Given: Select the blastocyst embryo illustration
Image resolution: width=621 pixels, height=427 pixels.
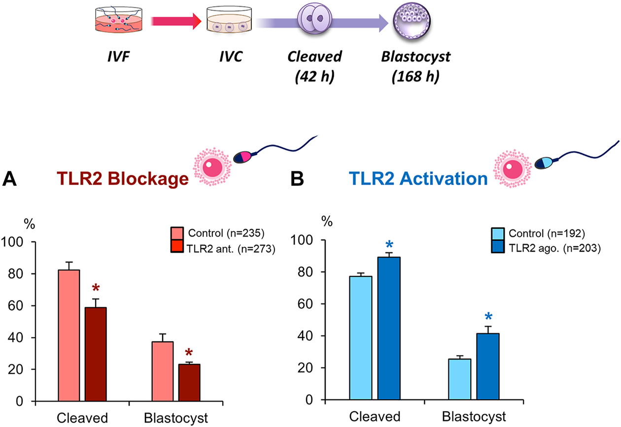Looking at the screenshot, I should [414, 21].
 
